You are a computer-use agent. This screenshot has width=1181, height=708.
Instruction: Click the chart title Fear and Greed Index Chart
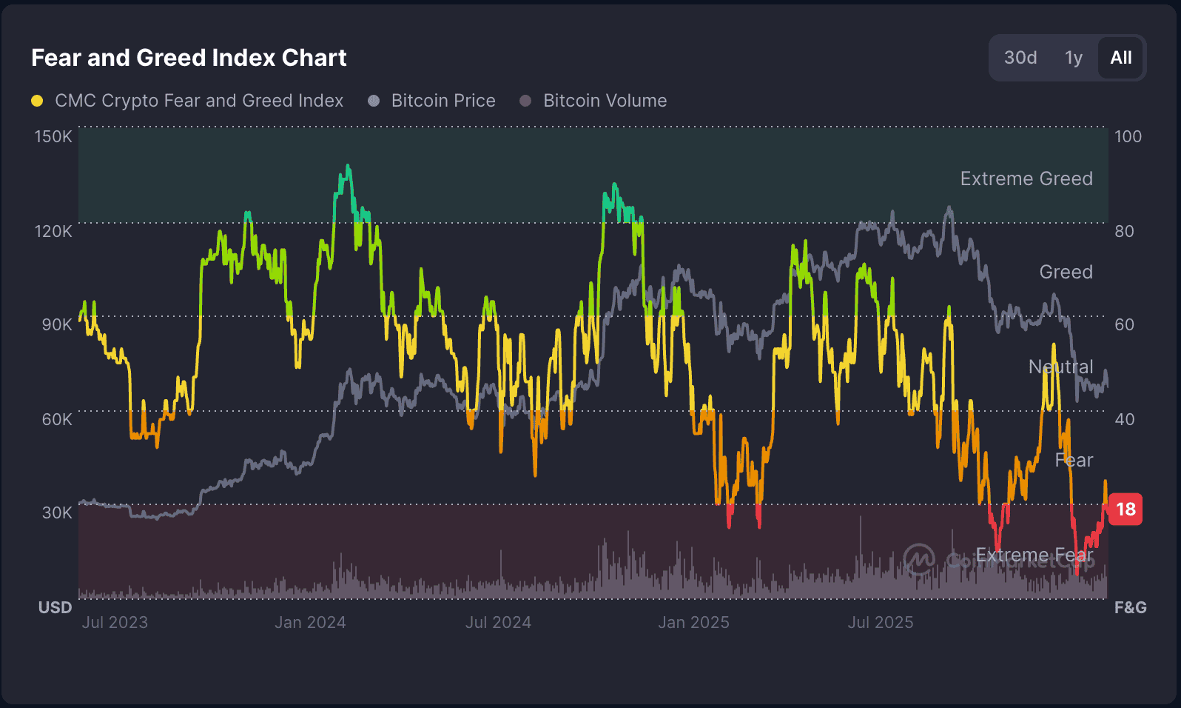[x=189, y=58]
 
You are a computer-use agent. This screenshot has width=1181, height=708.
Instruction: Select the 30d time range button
[x=1020, y=58]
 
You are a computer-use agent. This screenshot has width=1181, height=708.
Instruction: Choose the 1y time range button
[x=1073, y=58]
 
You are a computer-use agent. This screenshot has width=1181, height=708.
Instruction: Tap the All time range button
[x=1120, y=58]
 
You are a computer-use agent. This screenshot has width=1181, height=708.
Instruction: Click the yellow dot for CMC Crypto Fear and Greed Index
[x=37, y=101]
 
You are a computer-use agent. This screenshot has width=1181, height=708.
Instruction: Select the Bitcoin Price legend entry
[x=443, y=101]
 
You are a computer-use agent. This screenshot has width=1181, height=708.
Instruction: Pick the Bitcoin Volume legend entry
[x=604, y=101]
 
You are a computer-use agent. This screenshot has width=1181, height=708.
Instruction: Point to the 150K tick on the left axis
[x=53, y=136]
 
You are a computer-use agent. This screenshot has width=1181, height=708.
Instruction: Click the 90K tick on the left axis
[x=57, y=324]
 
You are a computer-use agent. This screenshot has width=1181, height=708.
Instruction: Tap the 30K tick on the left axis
[x=57, y=512]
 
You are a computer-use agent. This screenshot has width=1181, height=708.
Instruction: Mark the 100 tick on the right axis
[x=1128, y=136]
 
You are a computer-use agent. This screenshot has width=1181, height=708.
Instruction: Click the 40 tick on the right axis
[x=1124, y=419]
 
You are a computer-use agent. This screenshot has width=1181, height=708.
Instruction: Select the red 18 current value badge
[x=1125, y=510]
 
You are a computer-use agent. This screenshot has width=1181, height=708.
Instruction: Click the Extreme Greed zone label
[x=1026, y=178]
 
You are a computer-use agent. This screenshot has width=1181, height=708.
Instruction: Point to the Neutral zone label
[x=1060, y=367]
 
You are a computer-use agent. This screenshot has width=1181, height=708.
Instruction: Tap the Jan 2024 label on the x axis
[x=310, y=622]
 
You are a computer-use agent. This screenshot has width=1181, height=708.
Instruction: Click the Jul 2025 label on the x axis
[x=880, y=622]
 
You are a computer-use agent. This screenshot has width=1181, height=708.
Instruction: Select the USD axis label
[x=55, y=607]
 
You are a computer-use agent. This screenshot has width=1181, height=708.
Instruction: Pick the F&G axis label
[x=1130, y=607]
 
